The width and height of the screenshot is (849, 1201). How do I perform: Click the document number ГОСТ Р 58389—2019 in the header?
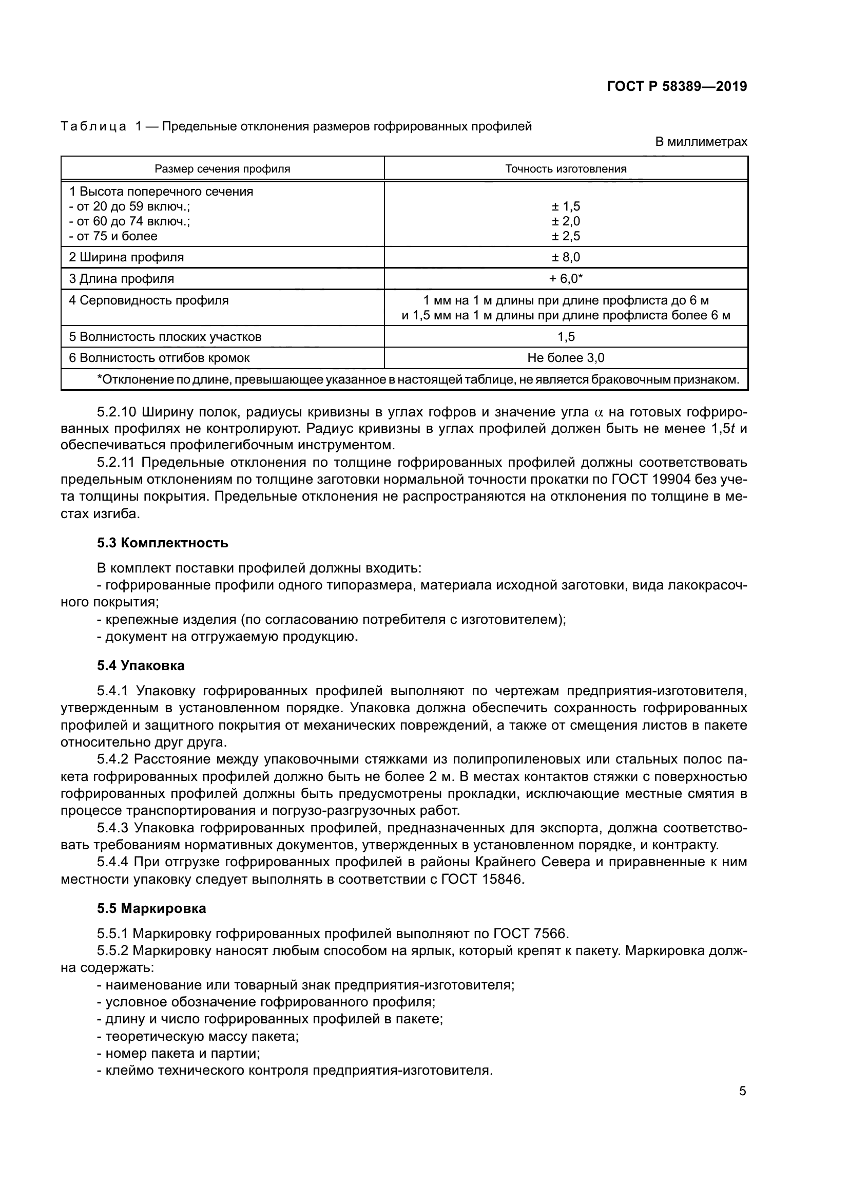677,86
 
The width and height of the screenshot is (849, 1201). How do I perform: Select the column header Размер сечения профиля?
222,169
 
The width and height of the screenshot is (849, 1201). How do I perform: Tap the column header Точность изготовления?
566,169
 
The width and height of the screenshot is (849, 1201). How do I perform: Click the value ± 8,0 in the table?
566,257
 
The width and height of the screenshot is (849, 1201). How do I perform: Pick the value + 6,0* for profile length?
566,279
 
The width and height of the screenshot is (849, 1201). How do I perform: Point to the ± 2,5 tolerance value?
566,236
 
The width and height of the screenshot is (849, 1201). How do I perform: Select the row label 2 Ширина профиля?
126,257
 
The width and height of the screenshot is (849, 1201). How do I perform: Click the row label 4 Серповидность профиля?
148,301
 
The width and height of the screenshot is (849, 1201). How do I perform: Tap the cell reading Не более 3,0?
566,358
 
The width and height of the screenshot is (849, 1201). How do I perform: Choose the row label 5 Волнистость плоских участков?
165,337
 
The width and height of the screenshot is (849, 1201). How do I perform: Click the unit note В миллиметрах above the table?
701,142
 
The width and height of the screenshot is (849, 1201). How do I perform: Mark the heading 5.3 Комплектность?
163,543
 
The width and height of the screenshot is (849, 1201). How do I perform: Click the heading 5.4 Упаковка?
141,666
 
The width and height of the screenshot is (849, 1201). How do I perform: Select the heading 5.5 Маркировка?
151,909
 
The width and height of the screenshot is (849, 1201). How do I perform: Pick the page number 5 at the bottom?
742,1091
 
